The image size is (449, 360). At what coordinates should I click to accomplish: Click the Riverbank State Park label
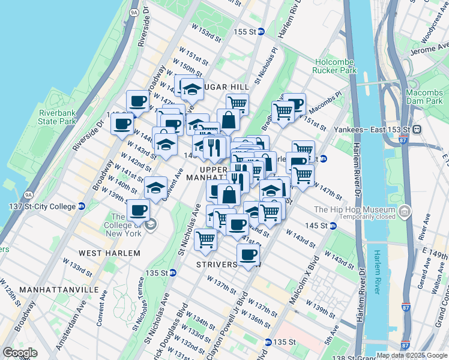(x=57, y=117)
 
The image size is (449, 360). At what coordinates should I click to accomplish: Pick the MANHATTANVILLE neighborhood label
(x=58, y=289)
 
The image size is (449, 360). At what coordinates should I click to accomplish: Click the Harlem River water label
(x=378, y=274)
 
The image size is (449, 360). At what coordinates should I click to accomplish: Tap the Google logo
(x=20, y=353)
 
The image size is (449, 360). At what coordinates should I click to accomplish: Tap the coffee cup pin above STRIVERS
(x=247, y=254)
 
